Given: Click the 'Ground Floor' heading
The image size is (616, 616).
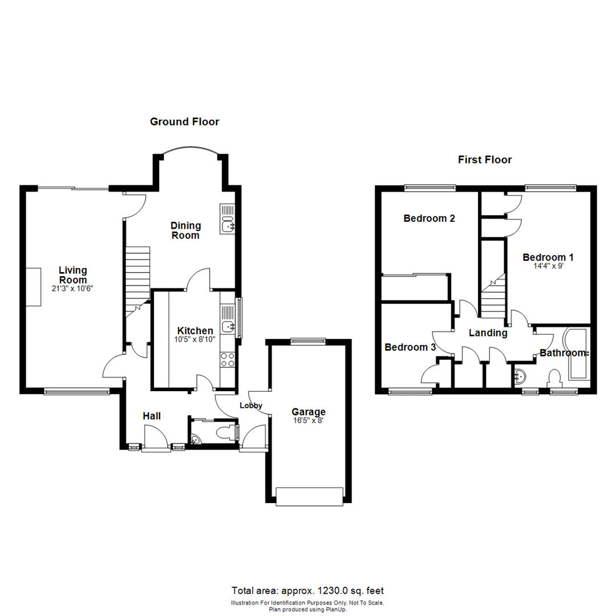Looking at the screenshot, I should point(184,121).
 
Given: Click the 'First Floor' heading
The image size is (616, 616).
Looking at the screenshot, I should point(484,160).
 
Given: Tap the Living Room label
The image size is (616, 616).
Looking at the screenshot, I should point(73,275).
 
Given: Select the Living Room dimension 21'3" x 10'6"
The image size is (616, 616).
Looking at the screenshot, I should point(73,289).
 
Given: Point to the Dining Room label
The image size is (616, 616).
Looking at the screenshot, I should point(185,231).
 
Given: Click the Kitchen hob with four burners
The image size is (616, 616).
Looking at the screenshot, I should point(228,360).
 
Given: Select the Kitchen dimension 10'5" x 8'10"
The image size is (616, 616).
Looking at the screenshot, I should point(195,339).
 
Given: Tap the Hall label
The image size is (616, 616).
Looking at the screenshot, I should point(152,416).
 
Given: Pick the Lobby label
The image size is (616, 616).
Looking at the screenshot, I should point(250,406).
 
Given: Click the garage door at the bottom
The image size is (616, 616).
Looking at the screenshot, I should point(309,496).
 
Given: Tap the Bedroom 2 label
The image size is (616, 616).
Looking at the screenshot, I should point(429,218).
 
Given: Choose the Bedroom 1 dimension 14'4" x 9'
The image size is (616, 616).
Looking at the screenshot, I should point(548,266).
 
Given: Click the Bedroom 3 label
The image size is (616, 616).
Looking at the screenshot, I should point(410,347).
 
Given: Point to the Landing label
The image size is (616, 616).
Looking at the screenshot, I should point(488,333).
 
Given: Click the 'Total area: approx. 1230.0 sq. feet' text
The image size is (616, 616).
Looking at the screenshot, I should point(311,591).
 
